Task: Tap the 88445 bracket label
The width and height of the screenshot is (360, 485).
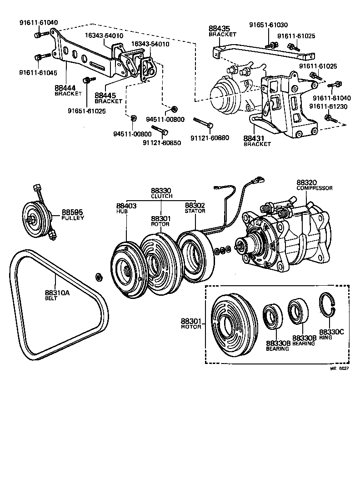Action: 108,98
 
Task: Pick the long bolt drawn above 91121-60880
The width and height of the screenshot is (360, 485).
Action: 203,122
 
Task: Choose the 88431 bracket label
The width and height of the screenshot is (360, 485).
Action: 256,141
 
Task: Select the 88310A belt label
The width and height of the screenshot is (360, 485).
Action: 57,295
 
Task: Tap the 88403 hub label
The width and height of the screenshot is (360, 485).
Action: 125,207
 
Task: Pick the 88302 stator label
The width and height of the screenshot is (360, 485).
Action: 195,207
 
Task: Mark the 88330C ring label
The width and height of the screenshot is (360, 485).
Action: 331,334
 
